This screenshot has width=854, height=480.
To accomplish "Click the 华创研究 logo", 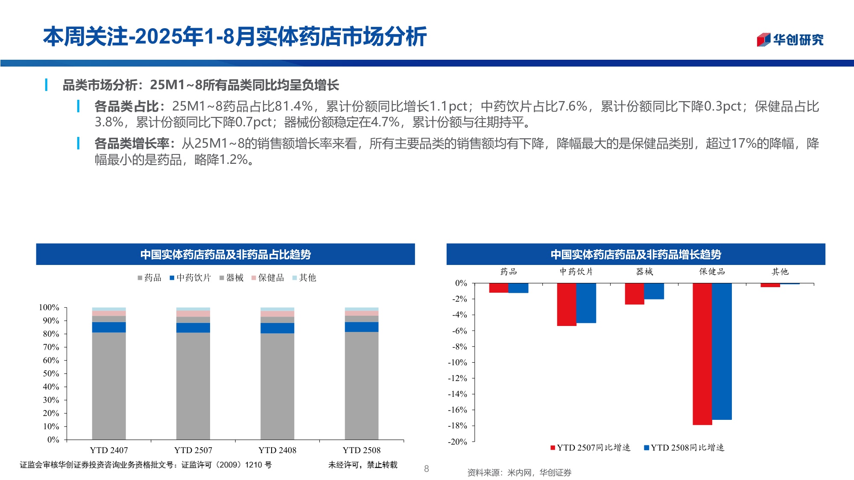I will click(x=790, y=40).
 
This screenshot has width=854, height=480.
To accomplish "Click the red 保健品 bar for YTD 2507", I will click(x=702, y=354).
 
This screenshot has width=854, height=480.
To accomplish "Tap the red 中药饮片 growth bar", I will click(x=567, y=304).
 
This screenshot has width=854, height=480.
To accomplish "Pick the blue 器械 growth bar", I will click(x=654, y=291).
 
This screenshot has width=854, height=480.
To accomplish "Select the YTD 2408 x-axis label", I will click(x=277, y=450).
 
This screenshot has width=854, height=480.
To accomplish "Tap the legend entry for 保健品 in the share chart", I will click(x=268, y=278).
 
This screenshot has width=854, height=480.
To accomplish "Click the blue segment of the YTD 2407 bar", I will click(x=109, y=327).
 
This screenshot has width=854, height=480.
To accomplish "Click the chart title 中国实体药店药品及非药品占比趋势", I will click(x=225, y=255).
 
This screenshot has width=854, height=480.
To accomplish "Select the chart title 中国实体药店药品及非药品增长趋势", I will click(x=636, y=255).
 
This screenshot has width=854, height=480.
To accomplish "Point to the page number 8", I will click(x=426, y=469).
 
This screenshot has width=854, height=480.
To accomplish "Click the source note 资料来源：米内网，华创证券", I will click(x=519, y=473).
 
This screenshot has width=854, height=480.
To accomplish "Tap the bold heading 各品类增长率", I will click(x=132, y=143).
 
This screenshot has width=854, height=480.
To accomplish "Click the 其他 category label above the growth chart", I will click(x=780, y=272).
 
